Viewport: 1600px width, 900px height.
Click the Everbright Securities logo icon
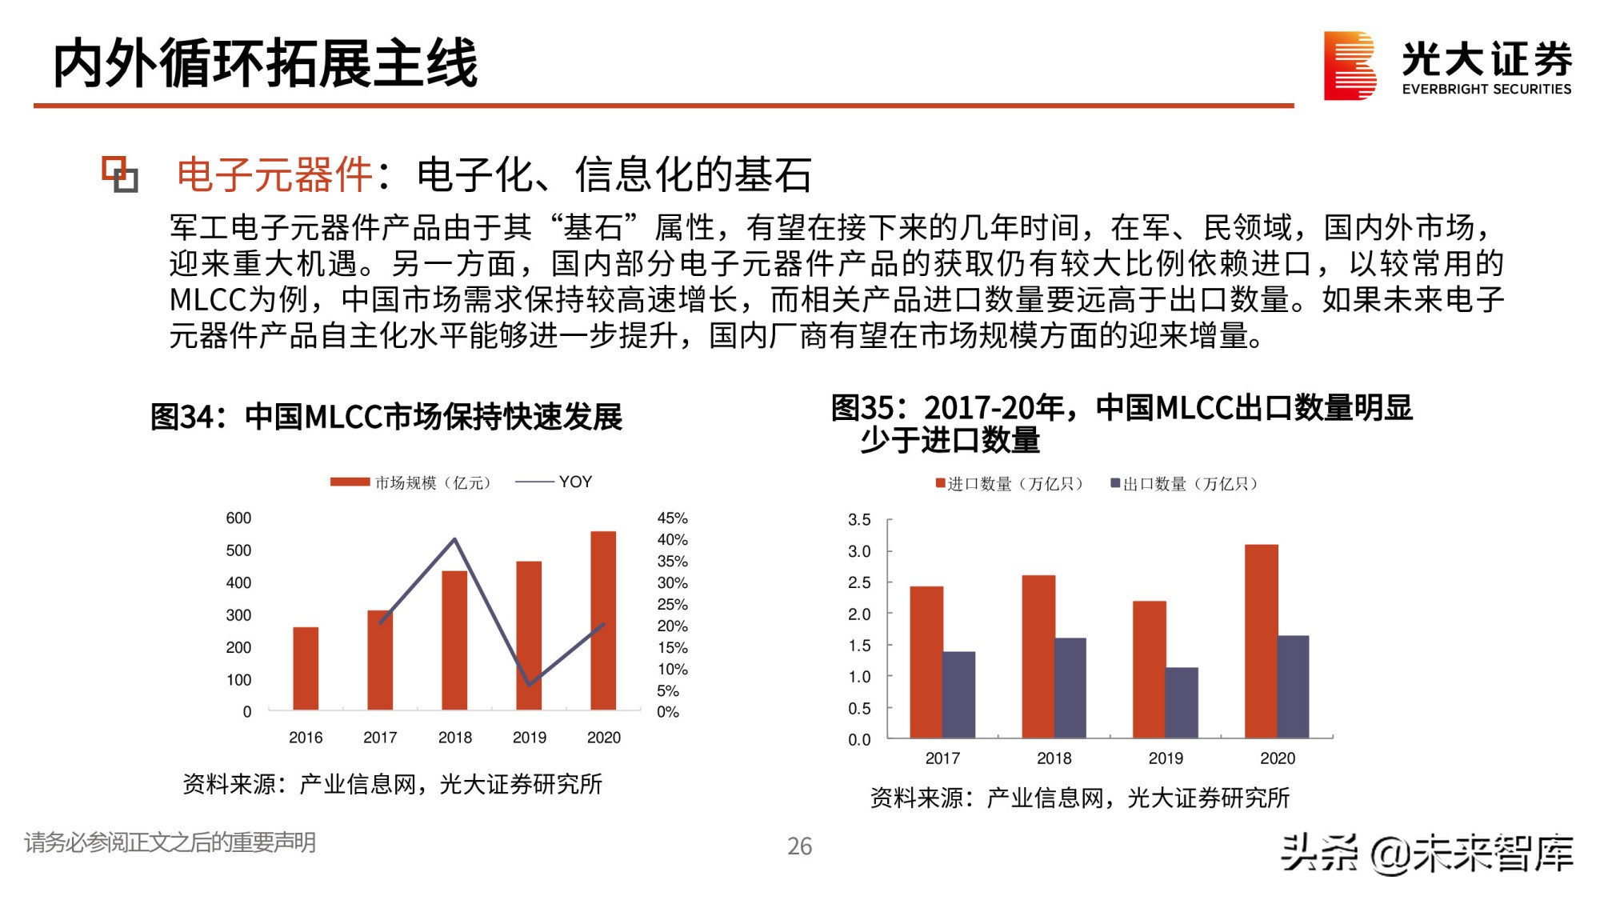click(x=1350, y=66)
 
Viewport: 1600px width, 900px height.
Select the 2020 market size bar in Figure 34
click(x=603, y=620)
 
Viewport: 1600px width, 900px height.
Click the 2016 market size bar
click(x=306, y=668)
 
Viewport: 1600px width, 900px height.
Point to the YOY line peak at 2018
click(x=455, y=539)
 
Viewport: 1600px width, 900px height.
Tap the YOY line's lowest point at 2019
click(x=529, y=685)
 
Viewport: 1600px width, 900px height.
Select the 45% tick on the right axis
click(x=672, y=518)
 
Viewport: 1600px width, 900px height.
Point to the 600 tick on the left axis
click(x=238, y=518)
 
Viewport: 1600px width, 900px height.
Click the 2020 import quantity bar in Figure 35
click(x=1261, y=640)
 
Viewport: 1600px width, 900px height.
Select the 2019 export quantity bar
click(x=1182, y=702)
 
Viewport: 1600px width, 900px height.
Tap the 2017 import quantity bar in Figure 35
click(x=926, y=662)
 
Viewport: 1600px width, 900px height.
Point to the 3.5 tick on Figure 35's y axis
click(x=859, y=520)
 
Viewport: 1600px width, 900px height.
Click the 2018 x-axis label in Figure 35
click(x=1054, y=758)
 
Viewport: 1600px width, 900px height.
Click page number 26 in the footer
click(x=799, y=846)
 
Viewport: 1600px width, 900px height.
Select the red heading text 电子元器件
click(x=274, y=175)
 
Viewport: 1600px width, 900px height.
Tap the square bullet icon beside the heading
click(x=120, y=174)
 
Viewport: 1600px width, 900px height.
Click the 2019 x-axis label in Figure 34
click(x=529, y=738)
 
